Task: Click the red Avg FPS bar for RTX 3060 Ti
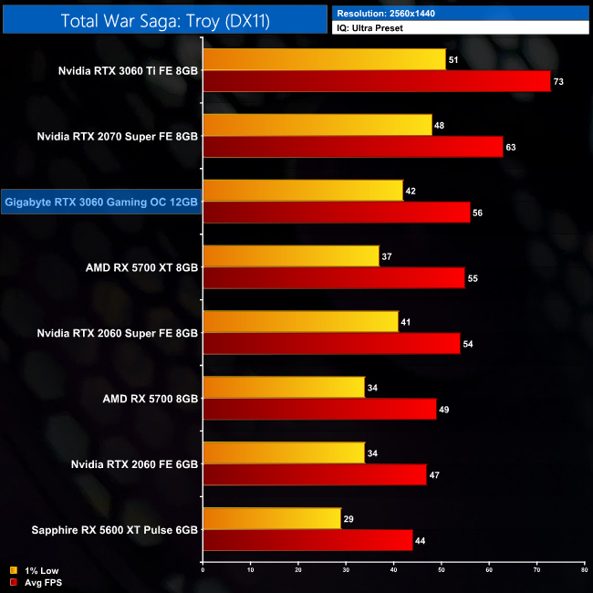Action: tap(376, 81)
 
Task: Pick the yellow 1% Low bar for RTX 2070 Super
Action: tap(317, 125)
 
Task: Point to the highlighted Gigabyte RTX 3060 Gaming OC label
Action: tap(101, 202)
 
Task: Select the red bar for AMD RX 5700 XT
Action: tap(333, 278)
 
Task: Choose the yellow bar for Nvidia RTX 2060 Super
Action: tap(300, 322)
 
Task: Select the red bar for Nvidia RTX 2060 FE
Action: tap(314, 475)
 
